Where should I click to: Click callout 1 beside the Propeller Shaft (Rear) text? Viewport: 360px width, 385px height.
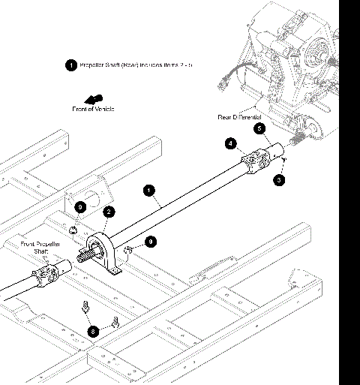tap(71, 65)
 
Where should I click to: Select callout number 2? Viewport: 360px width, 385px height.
tap(108, 212)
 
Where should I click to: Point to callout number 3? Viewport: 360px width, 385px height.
tap(279, 180)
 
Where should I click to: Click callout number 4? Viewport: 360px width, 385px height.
tap(231, 143)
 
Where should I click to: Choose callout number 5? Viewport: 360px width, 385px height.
tap(259, 128)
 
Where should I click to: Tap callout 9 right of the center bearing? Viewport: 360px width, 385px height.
tap(151, 241)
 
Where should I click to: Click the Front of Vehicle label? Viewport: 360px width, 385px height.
tap(93, 110)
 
